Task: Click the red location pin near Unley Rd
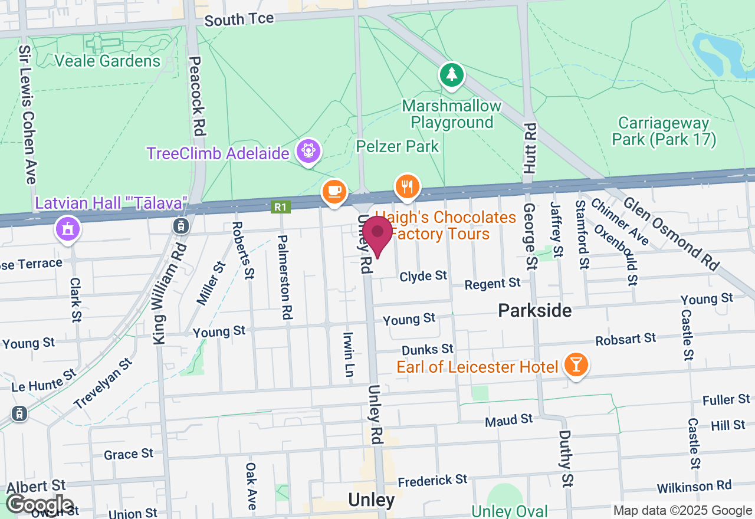tap(377, 235)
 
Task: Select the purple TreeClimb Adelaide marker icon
tap(308, 152)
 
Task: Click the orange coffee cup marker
tap(334, 192)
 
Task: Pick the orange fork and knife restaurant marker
tap(406, 188)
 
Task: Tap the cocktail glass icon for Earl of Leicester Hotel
tap(576, 366)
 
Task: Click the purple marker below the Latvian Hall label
tap(68, 229)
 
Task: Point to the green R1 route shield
tap(281, 207)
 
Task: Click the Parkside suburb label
tap(534, 310)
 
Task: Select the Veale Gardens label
tap(107, 61)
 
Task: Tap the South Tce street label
tap(239, 19)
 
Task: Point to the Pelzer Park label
tap(398, 146)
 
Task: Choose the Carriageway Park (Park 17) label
tap(664, 132)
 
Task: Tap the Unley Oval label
tap(510, 511)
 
